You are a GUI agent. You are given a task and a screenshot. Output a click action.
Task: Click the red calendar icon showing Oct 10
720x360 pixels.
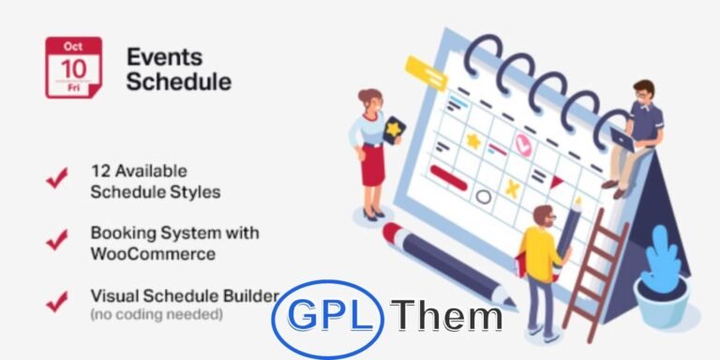(73, 67)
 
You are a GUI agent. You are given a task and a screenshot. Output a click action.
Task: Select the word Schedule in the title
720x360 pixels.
(178, 81)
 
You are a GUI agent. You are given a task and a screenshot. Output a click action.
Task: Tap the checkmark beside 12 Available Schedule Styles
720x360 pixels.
(56, 179)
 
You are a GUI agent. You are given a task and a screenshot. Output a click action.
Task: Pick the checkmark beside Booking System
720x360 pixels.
(56, 241)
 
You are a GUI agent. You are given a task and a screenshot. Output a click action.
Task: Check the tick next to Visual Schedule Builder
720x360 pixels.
(56, 301)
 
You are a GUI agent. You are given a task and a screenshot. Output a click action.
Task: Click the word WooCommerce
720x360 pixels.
(153, 253)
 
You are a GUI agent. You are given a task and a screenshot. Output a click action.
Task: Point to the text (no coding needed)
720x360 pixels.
(157, 315)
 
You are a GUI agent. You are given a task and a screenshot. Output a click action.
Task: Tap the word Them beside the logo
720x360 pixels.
(447, 317)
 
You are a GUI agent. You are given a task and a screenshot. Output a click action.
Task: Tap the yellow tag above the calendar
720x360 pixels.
(426, 72)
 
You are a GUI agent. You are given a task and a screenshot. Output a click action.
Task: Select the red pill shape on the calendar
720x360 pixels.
(448, 172)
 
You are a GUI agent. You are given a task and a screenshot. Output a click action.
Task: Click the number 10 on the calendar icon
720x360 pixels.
(73, 69)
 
